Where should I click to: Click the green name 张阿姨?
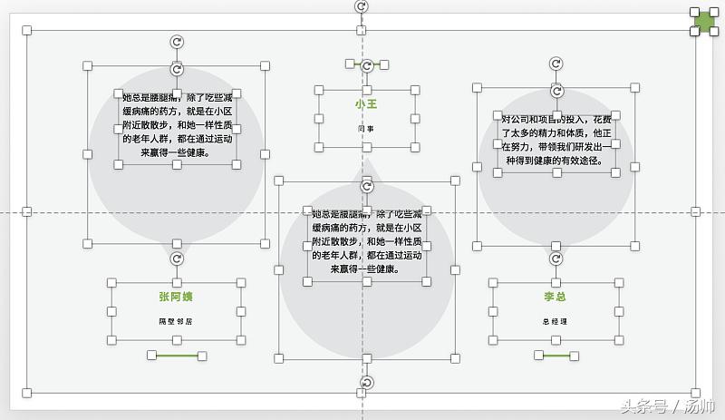[x=176, y=296]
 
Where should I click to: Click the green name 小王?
[x=366, y=104]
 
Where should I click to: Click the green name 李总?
[x=555, y=297]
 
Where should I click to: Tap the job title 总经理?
[x=556, y=322]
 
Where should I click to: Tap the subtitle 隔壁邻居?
[x=177, y=321]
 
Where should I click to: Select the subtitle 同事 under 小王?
[x=366, y=129]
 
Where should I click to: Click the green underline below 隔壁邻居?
[x=177, y=356]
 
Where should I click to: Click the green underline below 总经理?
[x=556, y=356]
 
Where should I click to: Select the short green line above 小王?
[x=366, y=64]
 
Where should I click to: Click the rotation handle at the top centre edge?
[x=362, y=6]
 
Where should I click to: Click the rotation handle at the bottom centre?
[x=367, y=384]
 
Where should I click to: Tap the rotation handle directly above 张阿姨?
[x=178, y=259]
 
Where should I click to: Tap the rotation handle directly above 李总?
[x=556, y=259]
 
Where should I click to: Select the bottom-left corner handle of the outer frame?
[x=27, y=393]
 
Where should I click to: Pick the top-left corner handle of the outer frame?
[x=27, y=31]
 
